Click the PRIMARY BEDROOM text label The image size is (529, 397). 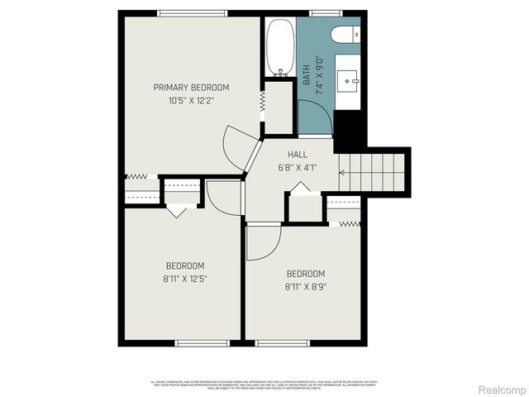tap(191, 87)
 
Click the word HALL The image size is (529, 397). tap(298, 155)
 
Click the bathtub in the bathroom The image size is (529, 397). tap(280, 46)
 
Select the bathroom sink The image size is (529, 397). tap(348, 80)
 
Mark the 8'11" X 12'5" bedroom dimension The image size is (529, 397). tap(185, 278)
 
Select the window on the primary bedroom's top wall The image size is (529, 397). tap(193, 13)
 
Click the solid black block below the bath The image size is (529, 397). tap(350, 130)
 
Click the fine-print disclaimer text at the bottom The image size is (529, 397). tap(264, 385)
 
